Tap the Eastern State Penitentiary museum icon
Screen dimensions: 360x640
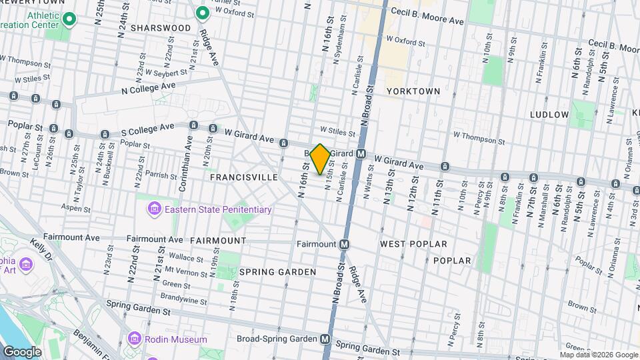coord(154,209)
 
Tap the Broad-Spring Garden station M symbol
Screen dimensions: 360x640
coord(325,339)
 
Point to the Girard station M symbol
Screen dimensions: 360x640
coord(361,153)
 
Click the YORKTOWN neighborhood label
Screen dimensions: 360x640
coord(413,91)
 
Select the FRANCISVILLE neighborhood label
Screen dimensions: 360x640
coord(243,177)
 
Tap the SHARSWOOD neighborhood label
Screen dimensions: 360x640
coord(161,28)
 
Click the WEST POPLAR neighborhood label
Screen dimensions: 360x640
coord(413,244)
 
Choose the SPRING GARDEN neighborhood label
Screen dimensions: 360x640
coord(277,272)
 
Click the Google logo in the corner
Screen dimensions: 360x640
coord(22,351)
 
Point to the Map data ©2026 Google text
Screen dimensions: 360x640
coord(599,355)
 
